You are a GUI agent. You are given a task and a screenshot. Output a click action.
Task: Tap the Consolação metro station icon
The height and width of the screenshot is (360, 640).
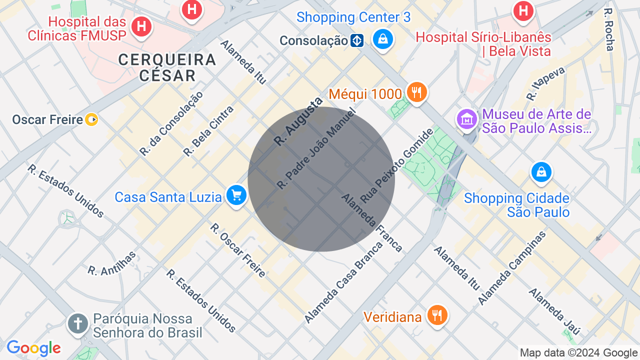pyautogui.click(x=357, y=40)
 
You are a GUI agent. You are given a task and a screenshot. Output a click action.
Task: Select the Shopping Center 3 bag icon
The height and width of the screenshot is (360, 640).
pyautogui.click(x=383, y=38)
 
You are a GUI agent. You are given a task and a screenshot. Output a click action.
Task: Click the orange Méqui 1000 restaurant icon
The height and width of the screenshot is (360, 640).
pyautogui.click(x=416, y=92)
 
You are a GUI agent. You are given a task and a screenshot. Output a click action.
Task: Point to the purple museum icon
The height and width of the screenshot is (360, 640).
pyautogui.click(x=467, y=119)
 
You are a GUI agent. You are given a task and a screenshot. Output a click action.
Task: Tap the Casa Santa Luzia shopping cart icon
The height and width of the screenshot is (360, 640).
pyautogui.click(x=236, y=195)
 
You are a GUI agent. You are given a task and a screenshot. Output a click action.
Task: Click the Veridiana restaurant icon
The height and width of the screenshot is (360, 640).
pyautogui.click(x=437, y=315)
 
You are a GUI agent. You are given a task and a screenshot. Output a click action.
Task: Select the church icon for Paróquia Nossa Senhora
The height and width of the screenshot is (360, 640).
pyautogui.click(x=77, y=323)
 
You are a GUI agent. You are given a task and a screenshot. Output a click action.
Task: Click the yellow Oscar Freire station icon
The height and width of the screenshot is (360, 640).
pyautogui.click(x=91, y=119)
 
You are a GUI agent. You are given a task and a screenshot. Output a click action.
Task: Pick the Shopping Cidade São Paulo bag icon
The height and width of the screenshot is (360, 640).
pyautogui.click(x=541, y=171)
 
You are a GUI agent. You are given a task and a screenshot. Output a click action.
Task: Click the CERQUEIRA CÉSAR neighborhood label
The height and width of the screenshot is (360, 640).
pyautogui.click(x=167, y=67)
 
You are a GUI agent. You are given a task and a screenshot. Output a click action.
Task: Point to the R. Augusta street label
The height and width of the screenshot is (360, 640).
pyautogui.click(x=298, y=122)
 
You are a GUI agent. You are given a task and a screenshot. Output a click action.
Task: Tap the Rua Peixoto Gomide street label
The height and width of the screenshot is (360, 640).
pyautogui.click(x=396, y=165)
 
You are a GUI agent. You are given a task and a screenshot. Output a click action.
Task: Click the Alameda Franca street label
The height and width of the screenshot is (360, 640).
pyautogui.click(x=371, y=222)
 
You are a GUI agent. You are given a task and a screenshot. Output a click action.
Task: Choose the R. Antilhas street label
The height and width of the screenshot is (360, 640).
pyautogui.click(x=112, y=263)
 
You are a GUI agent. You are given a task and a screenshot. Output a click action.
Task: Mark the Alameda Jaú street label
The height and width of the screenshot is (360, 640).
pyautogui.click(x=554, y=311)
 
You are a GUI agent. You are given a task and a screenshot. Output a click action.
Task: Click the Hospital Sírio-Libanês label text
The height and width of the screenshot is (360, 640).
pyautogui.click(x=483, y=44)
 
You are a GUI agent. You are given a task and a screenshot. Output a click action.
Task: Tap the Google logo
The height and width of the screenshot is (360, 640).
pyautogui.click(x=33, y=348)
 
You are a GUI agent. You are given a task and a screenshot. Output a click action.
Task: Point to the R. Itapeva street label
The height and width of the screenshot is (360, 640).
pyautogui.click(x=545, y=83)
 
